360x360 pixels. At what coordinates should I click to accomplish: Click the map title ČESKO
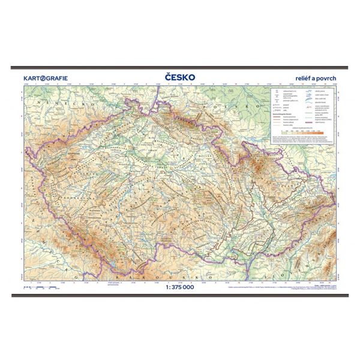point(180,77)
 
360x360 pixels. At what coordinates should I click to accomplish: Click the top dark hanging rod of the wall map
point(180,68)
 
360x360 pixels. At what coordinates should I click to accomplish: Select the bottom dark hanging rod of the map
point(180,292)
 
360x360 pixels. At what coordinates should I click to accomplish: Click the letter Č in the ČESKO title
point(166,77)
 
